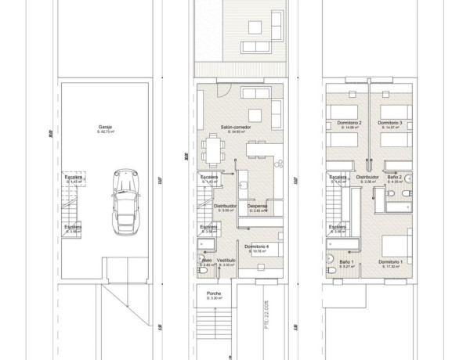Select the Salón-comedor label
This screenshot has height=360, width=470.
tap(236, 126)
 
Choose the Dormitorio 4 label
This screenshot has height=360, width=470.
tap(256, 247)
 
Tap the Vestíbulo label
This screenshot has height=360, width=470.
tap(226, 260)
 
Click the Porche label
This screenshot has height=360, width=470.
tap(213, 293)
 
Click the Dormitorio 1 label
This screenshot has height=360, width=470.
tap(390, 261)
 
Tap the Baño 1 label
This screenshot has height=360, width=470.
tap(348, 261)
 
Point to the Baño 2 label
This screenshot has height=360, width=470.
tap(394, 178)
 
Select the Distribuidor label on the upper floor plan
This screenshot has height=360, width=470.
tap(367, 178)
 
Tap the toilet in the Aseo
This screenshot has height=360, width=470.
tap(202, 261)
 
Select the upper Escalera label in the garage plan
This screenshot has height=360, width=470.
tap(74, 178)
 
